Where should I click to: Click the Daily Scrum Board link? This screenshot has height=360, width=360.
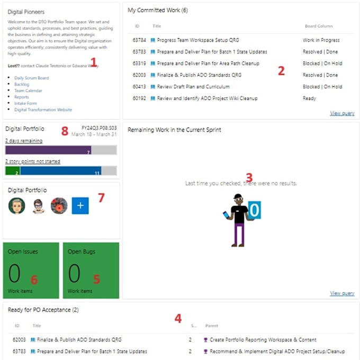click(31, 78)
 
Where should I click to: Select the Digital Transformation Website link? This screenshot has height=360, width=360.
click(43, 110)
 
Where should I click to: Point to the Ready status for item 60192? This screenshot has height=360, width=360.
click(309, 98)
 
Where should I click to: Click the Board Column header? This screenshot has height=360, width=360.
click(319, 26)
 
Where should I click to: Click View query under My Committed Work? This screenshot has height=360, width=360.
click(342, 113)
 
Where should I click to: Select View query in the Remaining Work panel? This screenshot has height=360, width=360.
click(342, 293)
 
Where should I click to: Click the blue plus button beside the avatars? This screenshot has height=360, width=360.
click(80, 206)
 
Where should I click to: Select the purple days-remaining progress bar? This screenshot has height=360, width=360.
click(48, 150)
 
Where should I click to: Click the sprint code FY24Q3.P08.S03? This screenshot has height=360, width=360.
click(99, 128)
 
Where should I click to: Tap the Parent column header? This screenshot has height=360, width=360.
click(211, 326)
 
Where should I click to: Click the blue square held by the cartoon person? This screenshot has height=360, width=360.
click(254, 210)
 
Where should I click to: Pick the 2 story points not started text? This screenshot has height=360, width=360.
click(32, 161)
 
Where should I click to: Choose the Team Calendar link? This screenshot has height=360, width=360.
click(28, 91)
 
